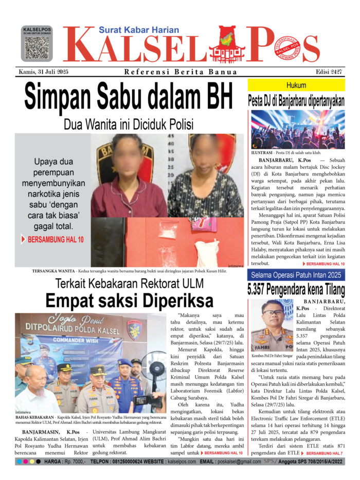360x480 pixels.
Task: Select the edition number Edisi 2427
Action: coord(330,72)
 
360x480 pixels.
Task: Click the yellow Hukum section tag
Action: coord(296,85)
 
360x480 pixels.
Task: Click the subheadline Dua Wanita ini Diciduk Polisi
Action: coord(128,125)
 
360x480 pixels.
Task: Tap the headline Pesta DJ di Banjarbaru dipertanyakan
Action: coord(296,101)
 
